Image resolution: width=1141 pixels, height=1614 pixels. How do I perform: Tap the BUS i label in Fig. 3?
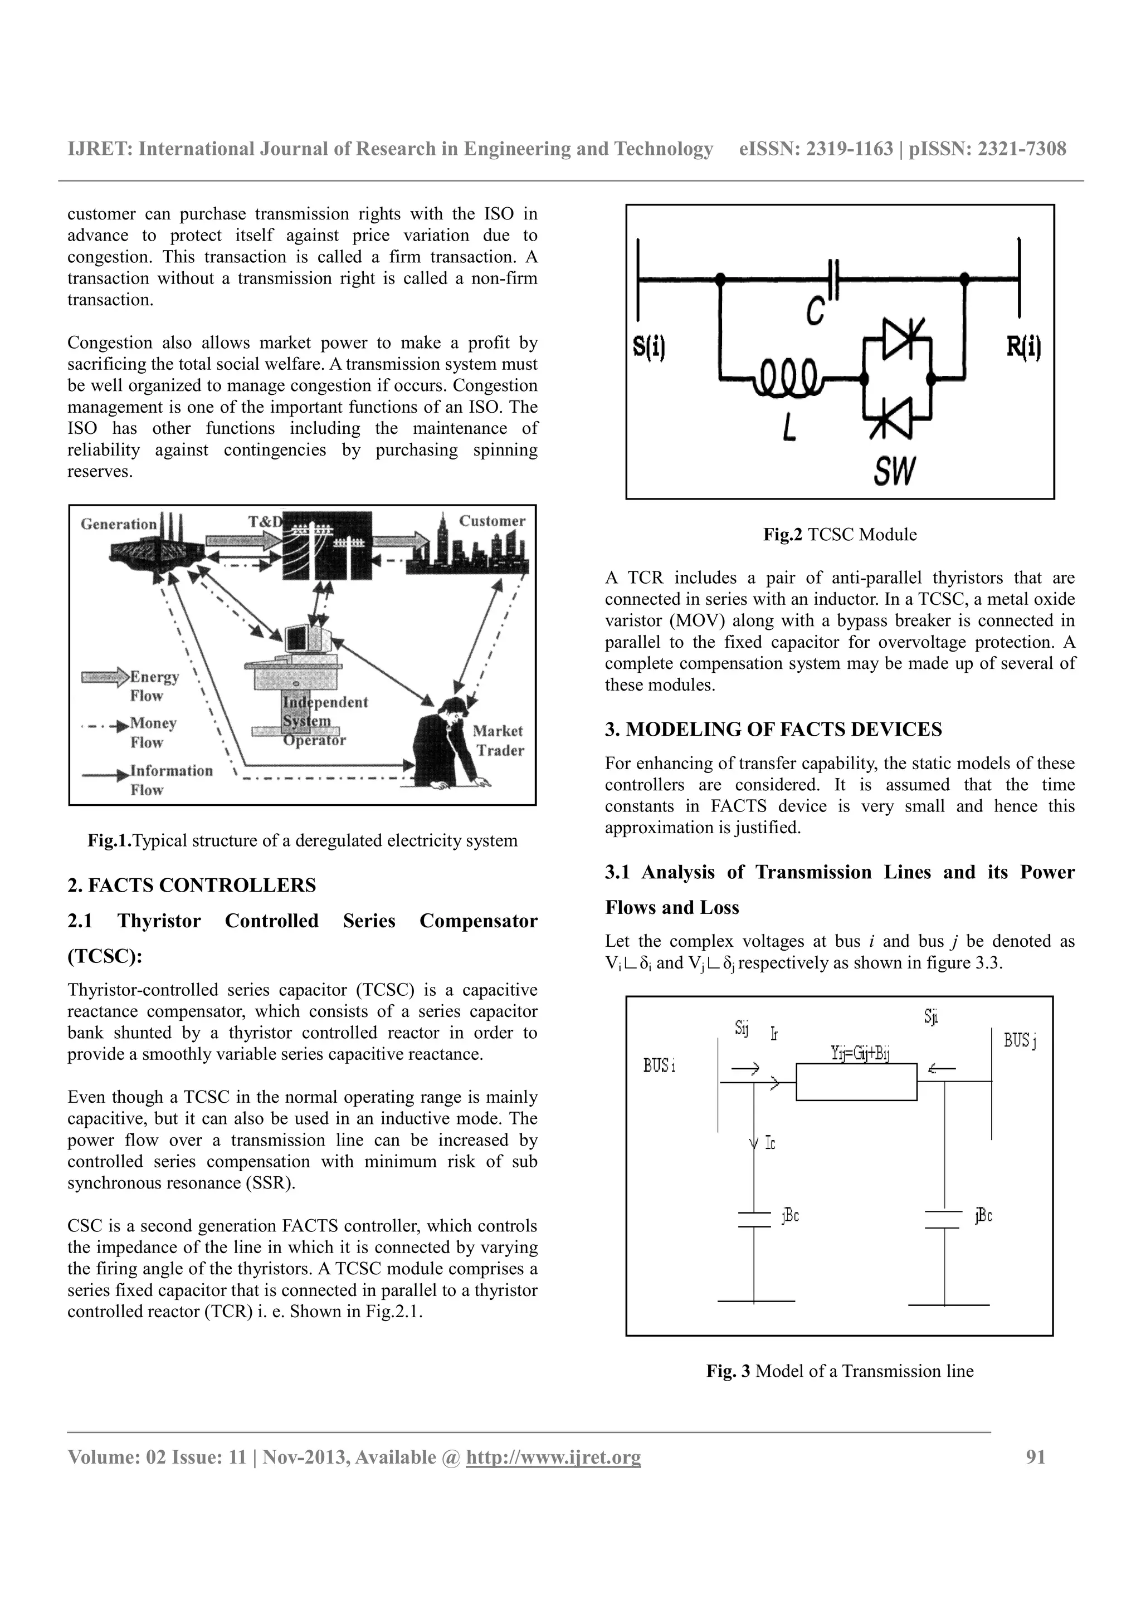(659, 1065)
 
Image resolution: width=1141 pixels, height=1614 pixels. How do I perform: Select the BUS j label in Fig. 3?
(1020, 1040)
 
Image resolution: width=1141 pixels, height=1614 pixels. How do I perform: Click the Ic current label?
(770, 1144)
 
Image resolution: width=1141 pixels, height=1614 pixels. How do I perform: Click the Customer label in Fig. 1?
(492, 521)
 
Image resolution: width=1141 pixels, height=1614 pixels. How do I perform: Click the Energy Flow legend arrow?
(105, 677)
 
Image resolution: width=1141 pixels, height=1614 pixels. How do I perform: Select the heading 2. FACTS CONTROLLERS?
(191, 885)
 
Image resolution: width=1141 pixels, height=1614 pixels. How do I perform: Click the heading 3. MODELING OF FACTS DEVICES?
(773, 729)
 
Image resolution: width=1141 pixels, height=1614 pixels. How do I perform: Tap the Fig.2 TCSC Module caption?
(840, 534)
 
